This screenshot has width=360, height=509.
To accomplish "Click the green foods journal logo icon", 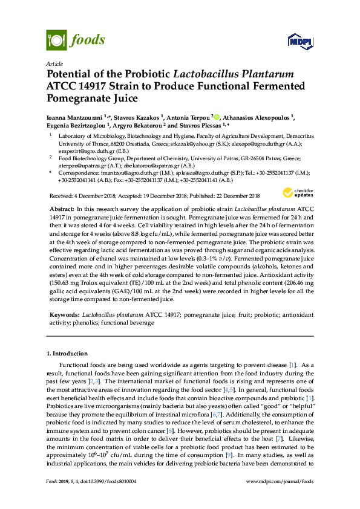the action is [x=55, y=40].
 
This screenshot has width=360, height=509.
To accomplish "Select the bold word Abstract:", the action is [x=62, y=208].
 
